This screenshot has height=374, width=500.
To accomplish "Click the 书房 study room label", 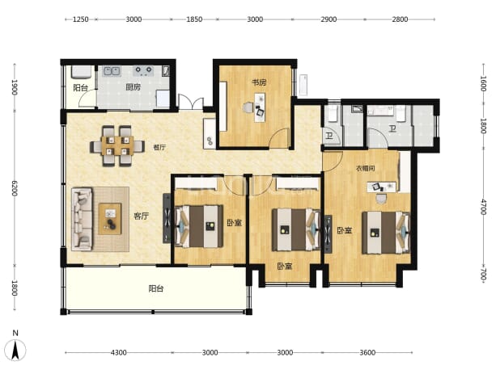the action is click(x=259, y=82).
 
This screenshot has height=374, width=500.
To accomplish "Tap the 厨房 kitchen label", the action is click(x=133, y=87).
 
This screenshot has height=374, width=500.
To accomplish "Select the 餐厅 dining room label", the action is click(x=159, y=147).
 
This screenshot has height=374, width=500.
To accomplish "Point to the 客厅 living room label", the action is click(x=141, y=216).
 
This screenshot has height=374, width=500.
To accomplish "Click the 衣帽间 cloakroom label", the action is click(x=365, y=168).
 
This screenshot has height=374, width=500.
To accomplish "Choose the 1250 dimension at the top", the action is click(x=81, y=19).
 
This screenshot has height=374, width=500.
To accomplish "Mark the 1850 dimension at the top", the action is click(x=194, y=19).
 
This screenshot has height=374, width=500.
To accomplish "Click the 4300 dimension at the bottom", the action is click(x=119, y=352).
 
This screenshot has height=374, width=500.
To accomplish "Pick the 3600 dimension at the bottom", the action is click(x=367, y=352).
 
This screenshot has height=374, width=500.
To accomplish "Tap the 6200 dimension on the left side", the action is click(x=15, y=188).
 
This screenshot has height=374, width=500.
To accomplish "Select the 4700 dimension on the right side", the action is click(x=484, y=207).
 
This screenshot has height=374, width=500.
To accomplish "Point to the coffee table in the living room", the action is click(x=110, y=219).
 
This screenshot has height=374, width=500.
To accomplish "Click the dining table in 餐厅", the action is click(x=117, y=145).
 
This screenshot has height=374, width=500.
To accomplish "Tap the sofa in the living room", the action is click(x=83, y=219).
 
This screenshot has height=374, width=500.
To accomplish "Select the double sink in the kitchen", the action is click(x=112, y=71).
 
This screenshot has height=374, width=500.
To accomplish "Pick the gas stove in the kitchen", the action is click(x=143, y=70).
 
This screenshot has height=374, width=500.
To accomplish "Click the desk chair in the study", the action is click(x=248, y=107).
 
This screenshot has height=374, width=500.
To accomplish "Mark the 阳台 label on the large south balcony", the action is click(x=156, y=288).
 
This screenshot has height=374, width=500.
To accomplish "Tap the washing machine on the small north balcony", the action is click(x=82, y=72).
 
